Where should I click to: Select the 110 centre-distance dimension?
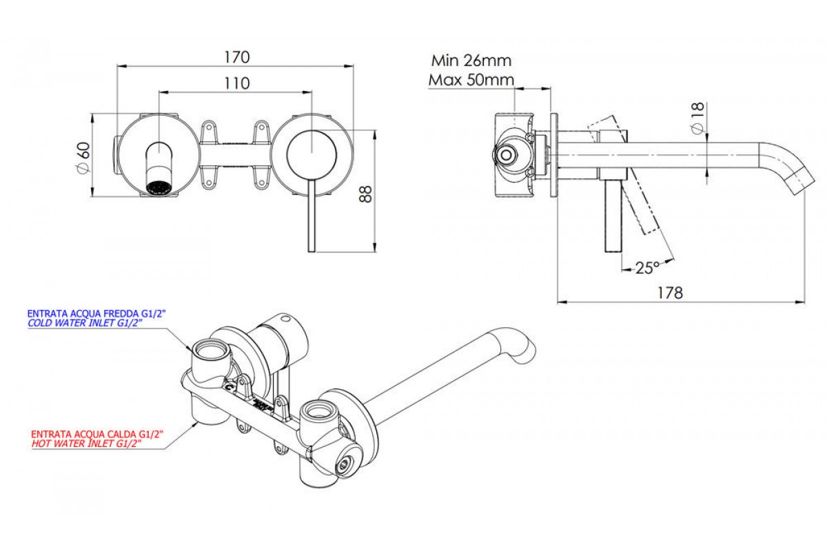(x=236, y=83)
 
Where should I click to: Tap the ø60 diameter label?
(x=83, y=158)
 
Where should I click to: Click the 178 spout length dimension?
(x=669, y=292)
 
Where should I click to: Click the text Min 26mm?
(x=471, y=61)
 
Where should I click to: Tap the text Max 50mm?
(x=471, y=79)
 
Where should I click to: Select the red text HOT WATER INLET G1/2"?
(x=87, y=444)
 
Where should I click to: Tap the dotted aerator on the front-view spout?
(x=160, y=187)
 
